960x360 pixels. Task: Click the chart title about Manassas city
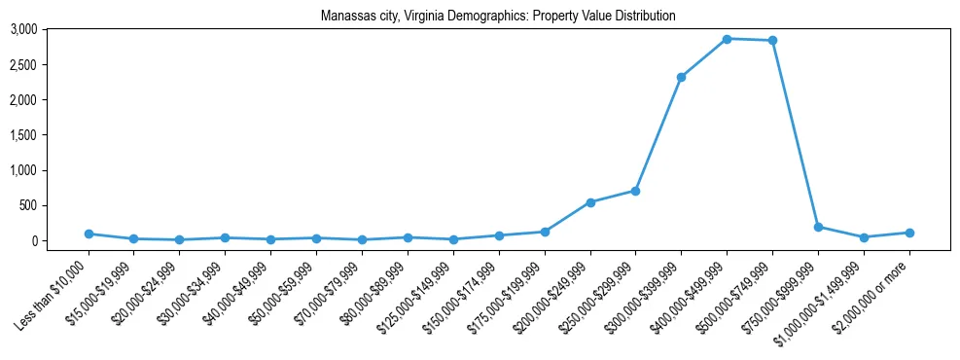(497, 16)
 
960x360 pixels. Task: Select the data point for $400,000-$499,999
(727, 39)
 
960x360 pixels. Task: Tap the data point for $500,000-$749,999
(772, 41)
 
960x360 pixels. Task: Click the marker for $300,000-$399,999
(681, 77)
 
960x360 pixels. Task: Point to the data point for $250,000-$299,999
(635, 191)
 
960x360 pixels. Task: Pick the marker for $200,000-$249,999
(590, 202)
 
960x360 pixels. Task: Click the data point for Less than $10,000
(89, 234)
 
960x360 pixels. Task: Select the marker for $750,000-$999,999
(818, 227)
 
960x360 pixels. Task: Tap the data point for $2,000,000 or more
(908, 233)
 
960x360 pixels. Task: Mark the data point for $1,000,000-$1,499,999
(864, 237)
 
